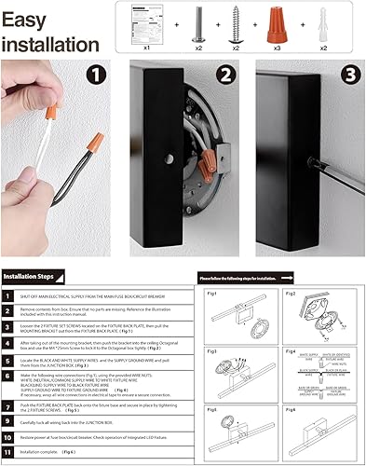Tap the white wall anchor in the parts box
tap(322, 25)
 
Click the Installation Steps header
tap(33, 276)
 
